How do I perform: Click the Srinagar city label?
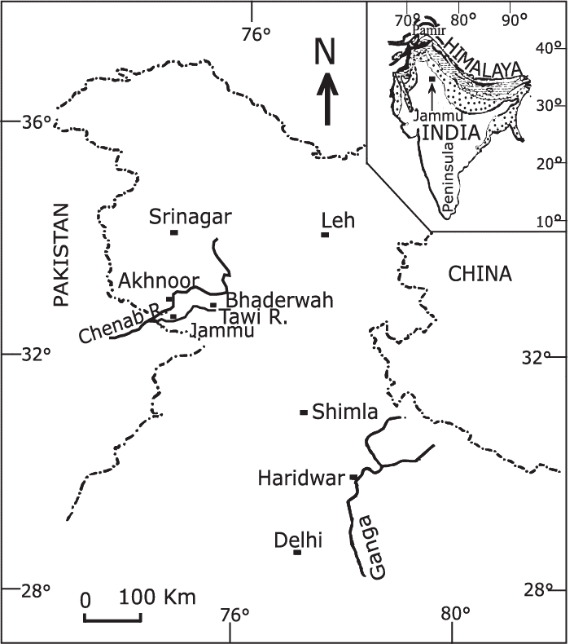pos(191,217)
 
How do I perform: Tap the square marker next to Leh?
pos(325,235)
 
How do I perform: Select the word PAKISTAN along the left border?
pos(62,254)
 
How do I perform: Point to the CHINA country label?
pos(480,275)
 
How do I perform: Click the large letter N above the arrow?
pos(326,53)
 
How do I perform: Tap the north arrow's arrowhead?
pos(327,82)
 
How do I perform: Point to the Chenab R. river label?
pos(118,324)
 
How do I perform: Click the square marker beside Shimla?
pos(305,412)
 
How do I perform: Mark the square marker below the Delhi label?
pos(297,553)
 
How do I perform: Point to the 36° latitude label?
pos(36,121)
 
